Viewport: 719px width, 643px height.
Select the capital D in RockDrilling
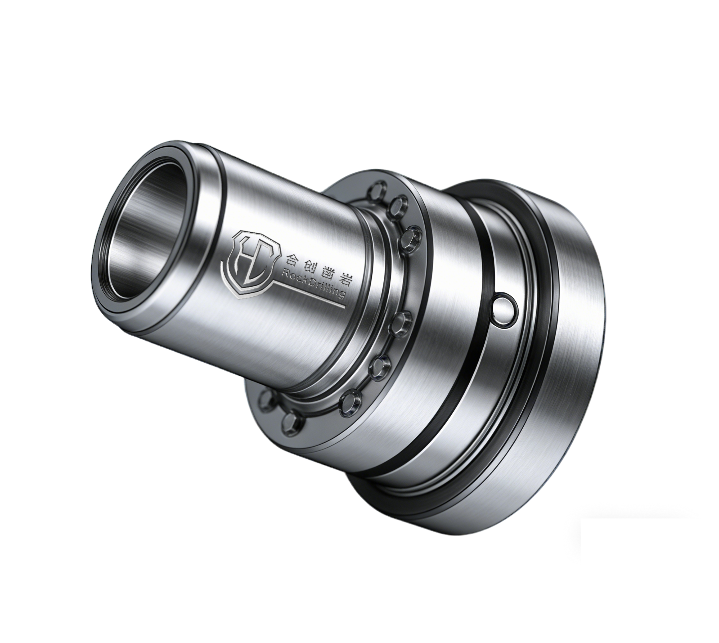tap(310, 282)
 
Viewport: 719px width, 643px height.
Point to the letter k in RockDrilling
tap(302, 280)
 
